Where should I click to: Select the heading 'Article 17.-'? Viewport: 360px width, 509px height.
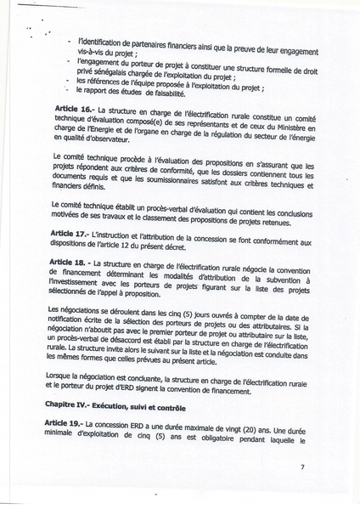[72, 233]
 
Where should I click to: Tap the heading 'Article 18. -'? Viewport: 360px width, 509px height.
[74, 263]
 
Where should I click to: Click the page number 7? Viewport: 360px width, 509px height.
[301, 467]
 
